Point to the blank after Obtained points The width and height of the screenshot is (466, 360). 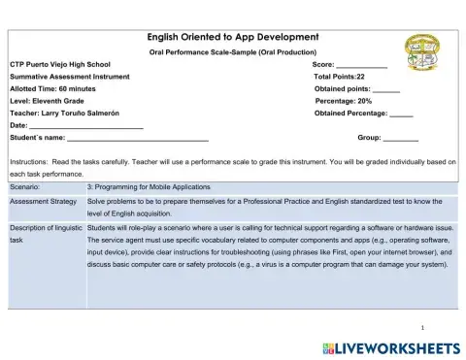[x=385, y=88]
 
